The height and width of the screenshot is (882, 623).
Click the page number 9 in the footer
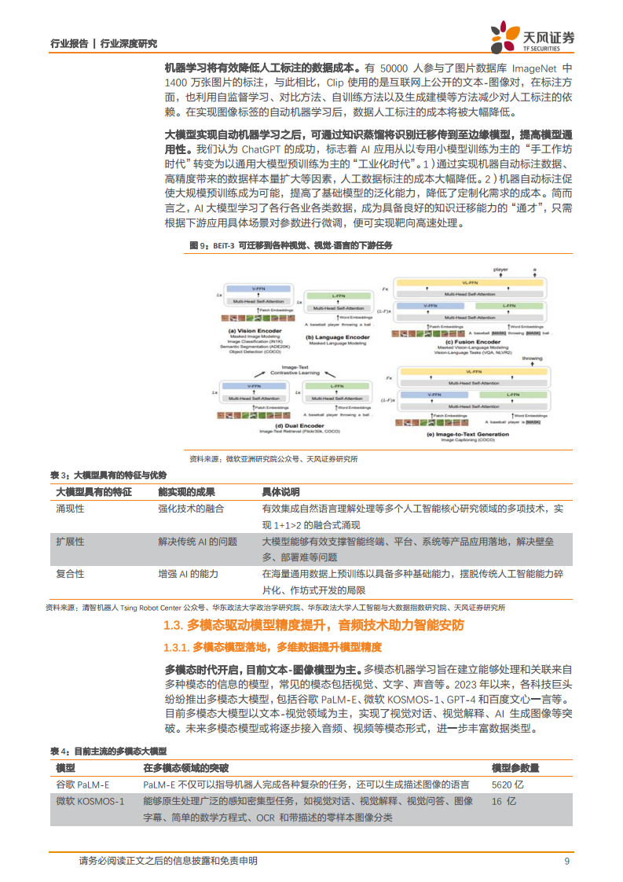pyautogui.click(x=567, y=861)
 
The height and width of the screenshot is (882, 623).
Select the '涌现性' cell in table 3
pyautogui.click(x=70, y=509)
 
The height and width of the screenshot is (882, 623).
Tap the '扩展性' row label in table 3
pyautogui.click(x=70, y=542)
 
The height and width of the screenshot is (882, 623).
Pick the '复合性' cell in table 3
pyautogui.click(x=70, y=574)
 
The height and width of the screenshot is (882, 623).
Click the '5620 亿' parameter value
pyautogui.click(x=508, y=785)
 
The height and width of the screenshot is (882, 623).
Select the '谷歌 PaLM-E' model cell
pyautogui.click(x=82, y=785)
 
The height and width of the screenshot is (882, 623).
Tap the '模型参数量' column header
pyautogui.click(x=515, y=767)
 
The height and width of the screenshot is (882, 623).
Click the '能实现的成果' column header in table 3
pyautogui.click(x=186, y=491)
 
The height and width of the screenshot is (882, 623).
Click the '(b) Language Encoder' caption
pyautogui.click(x=337, y=336)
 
